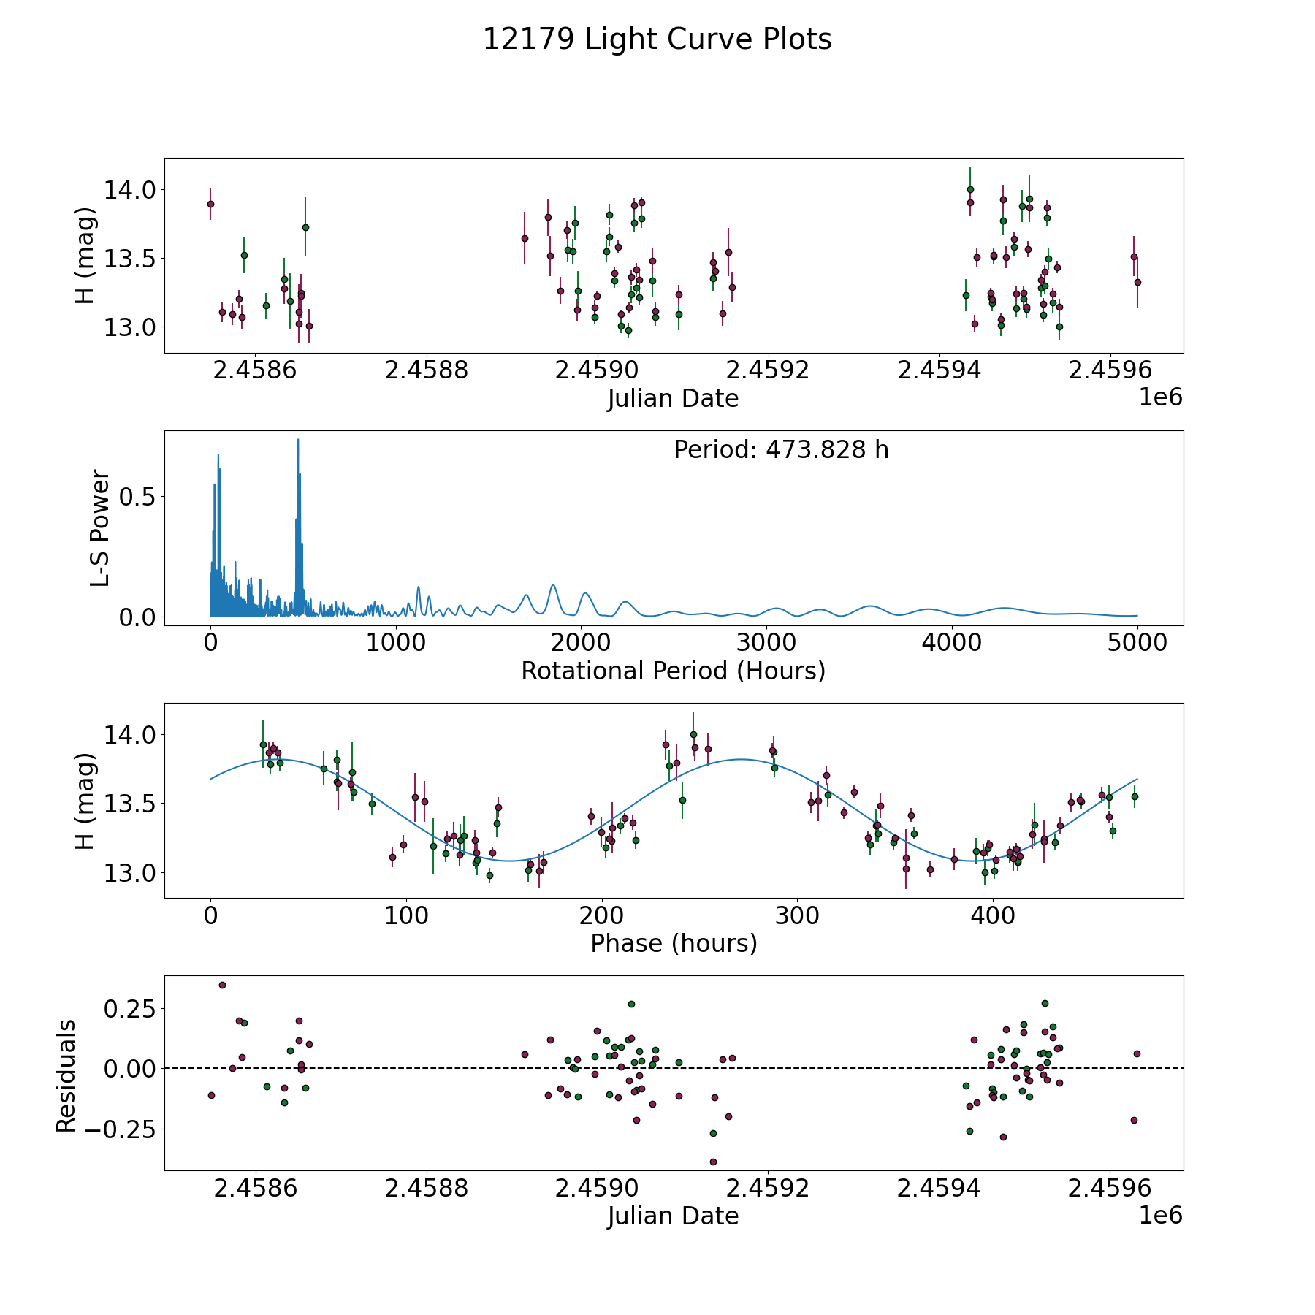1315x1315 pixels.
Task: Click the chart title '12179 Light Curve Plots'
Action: click(x=657, y=39)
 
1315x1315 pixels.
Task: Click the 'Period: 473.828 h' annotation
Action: click(x=781, y=450)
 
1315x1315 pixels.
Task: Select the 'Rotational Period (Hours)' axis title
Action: click(x=673, y=671)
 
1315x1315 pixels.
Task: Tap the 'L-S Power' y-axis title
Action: click(x=100, y=527)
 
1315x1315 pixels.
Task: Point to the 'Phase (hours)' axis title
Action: click(x=674, y=943)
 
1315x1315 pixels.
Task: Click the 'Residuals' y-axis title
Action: click(x=66, y=1075)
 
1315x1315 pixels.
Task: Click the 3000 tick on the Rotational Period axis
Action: click(x=766, y=644)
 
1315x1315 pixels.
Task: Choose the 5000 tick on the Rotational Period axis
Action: click(x=1137, y=644)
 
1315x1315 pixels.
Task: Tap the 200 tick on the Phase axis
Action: click(x=602, y=916)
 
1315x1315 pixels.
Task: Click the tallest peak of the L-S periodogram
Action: click(x=298, y=440)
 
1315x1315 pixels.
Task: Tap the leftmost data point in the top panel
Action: click(x=210, y=204)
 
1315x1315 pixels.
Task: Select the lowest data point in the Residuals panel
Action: click(x=713, y=1162)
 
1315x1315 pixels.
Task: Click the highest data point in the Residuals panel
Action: click(x=222, y=985)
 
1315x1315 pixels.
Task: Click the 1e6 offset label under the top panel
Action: click(x=1160, y=397)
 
